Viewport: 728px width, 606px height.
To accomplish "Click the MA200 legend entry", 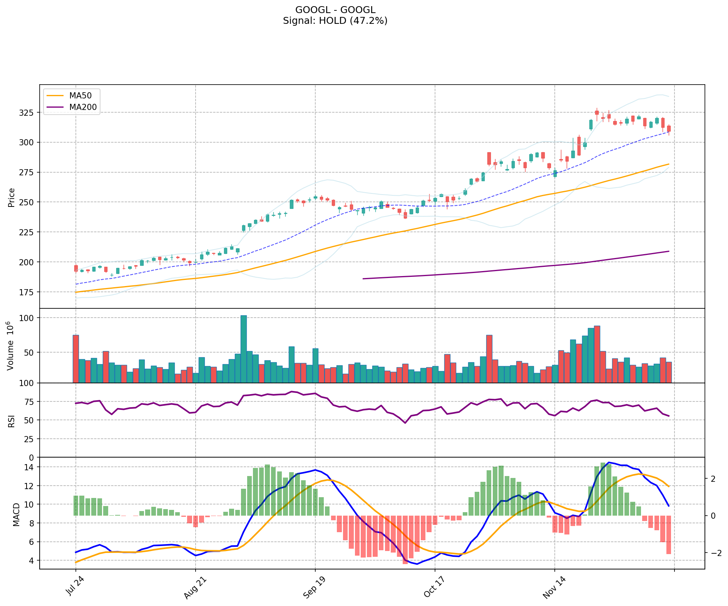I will (x=83, y=107).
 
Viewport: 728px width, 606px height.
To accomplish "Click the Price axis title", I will (x=12, y=197).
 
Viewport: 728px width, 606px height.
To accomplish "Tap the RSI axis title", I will (x=12, y=421).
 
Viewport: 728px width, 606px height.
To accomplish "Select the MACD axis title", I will (x=16, y=514).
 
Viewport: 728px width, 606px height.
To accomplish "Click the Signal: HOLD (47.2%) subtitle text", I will (x=335, y=21).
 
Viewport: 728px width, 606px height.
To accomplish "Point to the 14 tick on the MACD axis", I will (x=30, y=467).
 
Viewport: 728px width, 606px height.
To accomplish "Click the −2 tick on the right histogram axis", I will (x=715, y=553).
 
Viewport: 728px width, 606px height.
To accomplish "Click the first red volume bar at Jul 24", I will (x=76, y=358).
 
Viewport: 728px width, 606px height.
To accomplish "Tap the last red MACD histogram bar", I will (x=669, y=534).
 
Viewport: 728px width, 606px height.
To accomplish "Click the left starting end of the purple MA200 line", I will (x=363, y=279).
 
